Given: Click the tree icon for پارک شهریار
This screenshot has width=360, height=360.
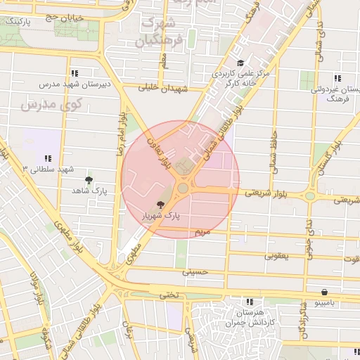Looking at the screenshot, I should [162, 205].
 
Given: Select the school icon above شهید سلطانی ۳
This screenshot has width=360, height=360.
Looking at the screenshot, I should [47, 159].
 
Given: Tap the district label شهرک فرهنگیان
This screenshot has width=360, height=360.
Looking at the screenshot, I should [161, 32].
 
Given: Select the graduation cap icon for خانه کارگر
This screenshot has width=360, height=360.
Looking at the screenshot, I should [240, 63].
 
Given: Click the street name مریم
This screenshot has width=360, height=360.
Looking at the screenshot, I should [202, 231].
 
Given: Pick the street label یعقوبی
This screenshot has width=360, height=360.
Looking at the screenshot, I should [276, 256].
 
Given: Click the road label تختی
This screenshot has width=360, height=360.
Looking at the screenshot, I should [169, 295].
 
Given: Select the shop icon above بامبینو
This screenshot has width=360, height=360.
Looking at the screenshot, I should [323, 292].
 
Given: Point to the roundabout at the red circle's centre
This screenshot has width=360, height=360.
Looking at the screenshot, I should [183, 188].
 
